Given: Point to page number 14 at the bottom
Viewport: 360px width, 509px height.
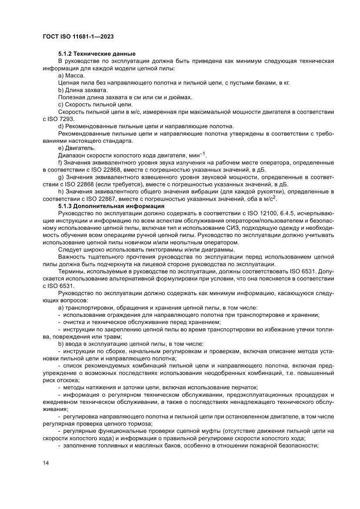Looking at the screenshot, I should click(46, 463).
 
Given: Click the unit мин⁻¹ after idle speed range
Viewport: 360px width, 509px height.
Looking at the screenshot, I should click(197, 155).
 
